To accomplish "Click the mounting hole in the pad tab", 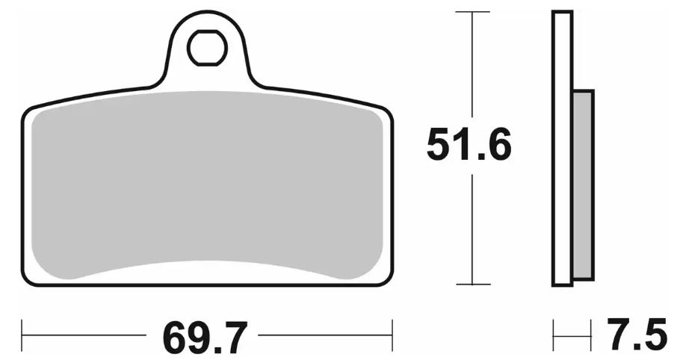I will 207,49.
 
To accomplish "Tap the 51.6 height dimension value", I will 469,144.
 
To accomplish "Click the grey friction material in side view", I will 583,184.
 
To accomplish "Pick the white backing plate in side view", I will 562,149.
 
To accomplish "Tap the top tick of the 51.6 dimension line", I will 472,13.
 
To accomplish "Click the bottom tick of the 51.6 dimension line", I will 472,285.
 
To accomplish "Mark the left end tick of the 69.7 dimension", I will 22,329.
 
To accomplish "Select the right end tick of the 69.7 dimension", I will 392,329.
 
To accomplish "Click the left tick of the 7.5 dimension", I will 554,329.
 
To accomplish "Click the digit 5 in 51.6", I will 440,144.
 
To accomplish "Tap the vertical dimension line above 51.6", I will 472,67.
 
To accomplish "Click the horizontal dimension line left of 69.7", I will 90,329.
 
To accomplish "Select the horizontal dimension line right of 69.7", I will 321,329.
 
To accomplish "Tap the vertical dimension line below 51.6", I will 472,224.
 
